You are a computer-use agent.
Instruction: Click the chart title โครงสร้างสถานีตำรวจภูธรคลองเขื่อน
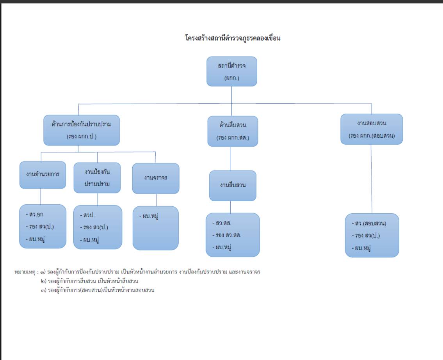coord(233,38)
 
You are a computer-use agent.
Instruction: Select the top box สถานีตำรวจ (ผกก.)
coord(231,71)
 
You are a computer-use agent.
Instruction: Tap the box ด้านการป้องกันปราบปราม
coord(81,130)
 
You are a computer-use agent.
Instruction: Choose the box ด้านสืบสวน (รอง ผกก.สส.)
coord(233,131)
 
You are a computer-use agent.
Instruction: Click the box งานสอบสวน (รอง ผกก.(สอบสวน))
coord(371,129)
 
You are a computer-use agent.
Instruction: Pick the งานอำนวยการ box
coord(43,175)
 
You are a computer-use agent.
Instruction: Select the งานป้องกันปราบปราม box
coord(97,177)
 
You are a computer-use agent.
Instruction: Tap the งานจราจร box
coord(155,178)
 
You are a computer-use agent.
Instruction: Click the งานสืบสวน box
coord(233,186)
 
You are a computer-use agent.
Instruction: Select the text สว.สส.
coord(223,223)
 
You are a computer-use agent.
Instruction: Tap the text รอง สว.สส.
coord(228,235)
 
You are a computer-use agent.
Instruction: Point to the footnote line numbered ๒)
coord(90,281)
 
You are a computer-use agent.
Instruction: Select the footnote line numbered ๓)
coord(98,290)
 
